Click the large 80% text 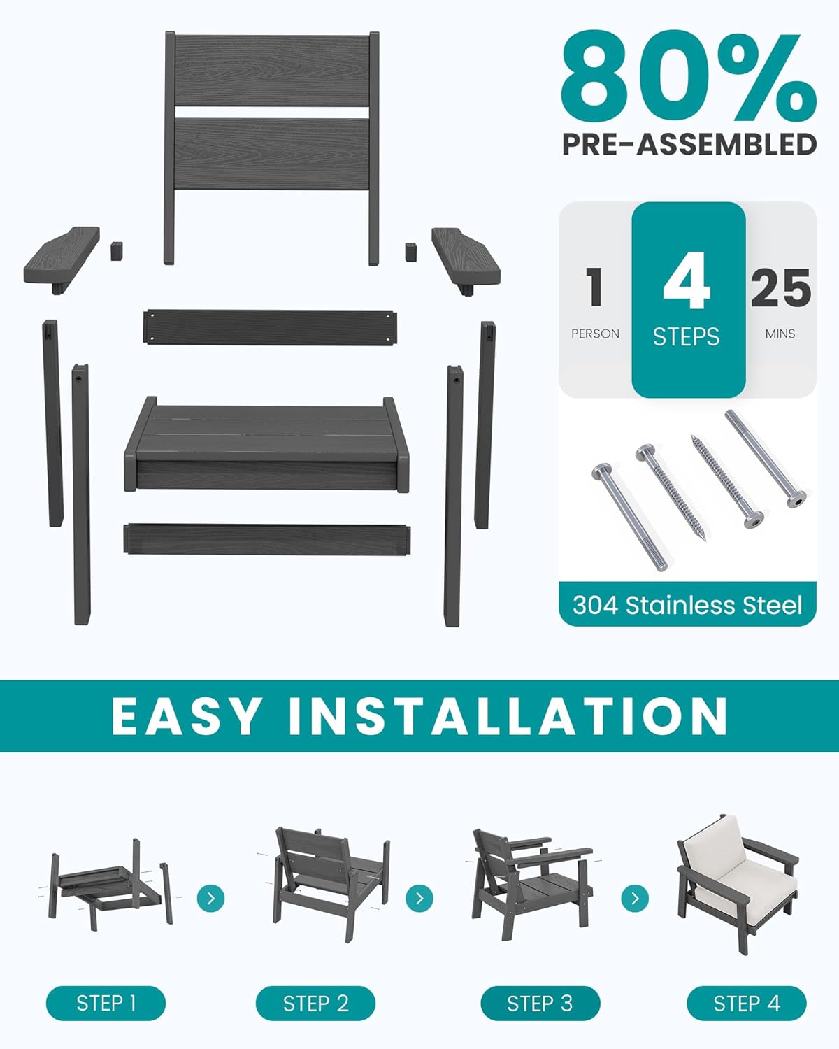click(688, 78)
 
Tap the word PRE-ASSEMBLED click(689, 144)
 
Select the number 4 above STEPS click(687, 282)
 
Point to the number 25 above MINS click(780, 288)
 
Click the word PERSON click(595, 334)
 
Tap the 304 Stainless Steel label click(687, 605)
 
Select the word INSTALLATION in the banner click(508, 716)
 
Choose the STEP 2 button click(315, 1004)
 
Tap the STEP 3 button click(540, 1004)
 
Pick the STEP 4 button click(746, 1004)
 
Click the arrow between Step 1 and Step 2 click(210, 897)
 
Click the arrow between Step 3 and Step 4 click(635, 897)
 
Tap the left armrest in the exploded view click(62, 255)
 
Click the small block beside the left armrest click(117, 250)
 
